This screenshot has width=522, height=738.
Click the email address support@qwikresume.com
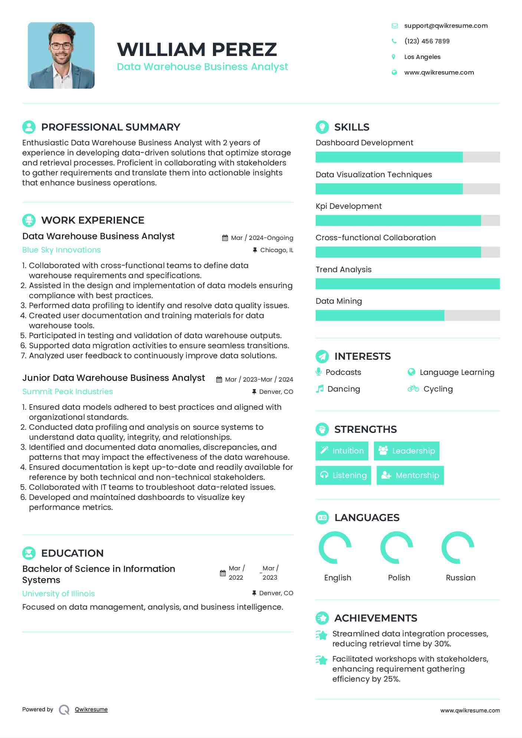pyautogui.click(x=446, y=26)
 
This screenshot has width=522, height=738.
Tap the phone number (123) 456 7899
pyautogui.click(x=427, y=41)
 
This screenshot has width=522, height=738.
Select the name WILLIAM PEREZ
pyautogui.click(x=197, y=49)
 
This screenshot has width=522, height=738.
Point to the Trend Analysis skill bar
pyautogui.click(x=407, y=284)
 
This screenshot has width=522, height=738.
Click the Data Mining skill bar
pyautogui.click(x=407, y=316)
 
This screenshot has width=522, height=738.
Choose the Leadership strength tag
pyautogui.click(x=406, y=451)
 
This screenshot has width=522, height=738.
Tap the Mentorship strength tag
pyautogui.click(x=410, y=475)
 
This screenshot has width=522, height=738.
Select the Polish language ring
pyautogui.click(x=397, y=548)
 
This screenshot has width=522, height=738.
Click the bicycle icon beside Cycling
pyautogui.click(x=413, y=389)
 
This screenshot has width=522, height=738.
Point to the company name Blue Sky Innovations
pyautogui.click(x=62, y=250)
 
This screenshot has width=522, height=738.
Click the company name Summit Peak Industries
pyautogui.click(x=68, y=392)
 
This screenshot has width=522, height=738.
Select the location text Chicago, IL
pyautogui.click(x=276, y=250)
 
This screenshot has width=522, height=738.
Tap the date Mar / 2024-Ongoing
pyautogui.click(x=262, y=238)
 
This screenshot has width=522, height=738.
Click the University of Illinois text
pyautogui.click(x=59, y=594)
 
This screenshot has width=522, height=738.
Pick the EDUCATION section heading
pyautogui.click(x=72, y=553)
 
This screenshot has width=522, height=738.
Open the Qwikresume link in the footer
pyautogui.click(x=91, y=709)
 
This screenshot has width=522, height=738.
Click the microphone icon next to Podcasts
pyautogui.click(x=318, y=372)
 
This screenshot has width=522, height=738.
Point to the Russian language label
pyautogui.click(x=460, y=578)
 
